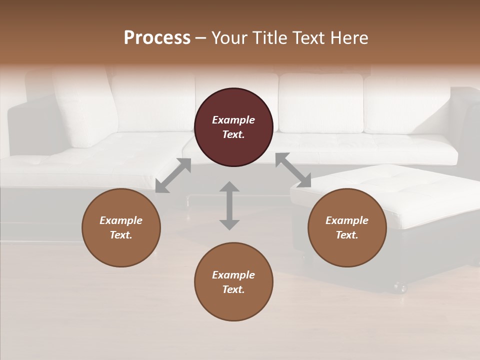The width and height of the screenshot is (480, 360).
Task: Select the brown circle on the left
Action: (121, 227)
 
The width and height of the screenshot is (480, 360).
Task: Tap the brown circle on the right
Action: (347, 227)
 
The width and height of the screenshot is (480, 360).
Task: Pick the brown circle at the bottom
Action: (233, 282)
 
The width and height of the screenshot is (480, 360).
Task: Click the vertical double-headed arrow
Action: (229, 205)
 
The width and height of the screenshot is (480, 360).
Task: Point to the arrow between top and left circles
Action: (173, 175)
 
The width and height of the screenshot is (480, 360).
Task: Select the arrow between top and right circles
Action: (293, 170)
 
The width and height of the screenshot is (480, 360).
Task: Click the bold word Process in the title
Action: (157, 38)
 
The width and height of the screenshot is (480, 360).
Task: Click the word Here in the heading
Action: (350, 38)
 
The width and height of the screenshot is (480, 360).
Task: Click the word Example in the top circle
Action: (233, 120)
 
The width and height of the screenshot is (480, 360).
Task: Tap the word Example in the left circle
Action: (121, 220)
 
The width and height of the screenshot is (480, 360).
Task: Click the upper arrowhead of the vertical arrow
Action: (229, 186)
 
